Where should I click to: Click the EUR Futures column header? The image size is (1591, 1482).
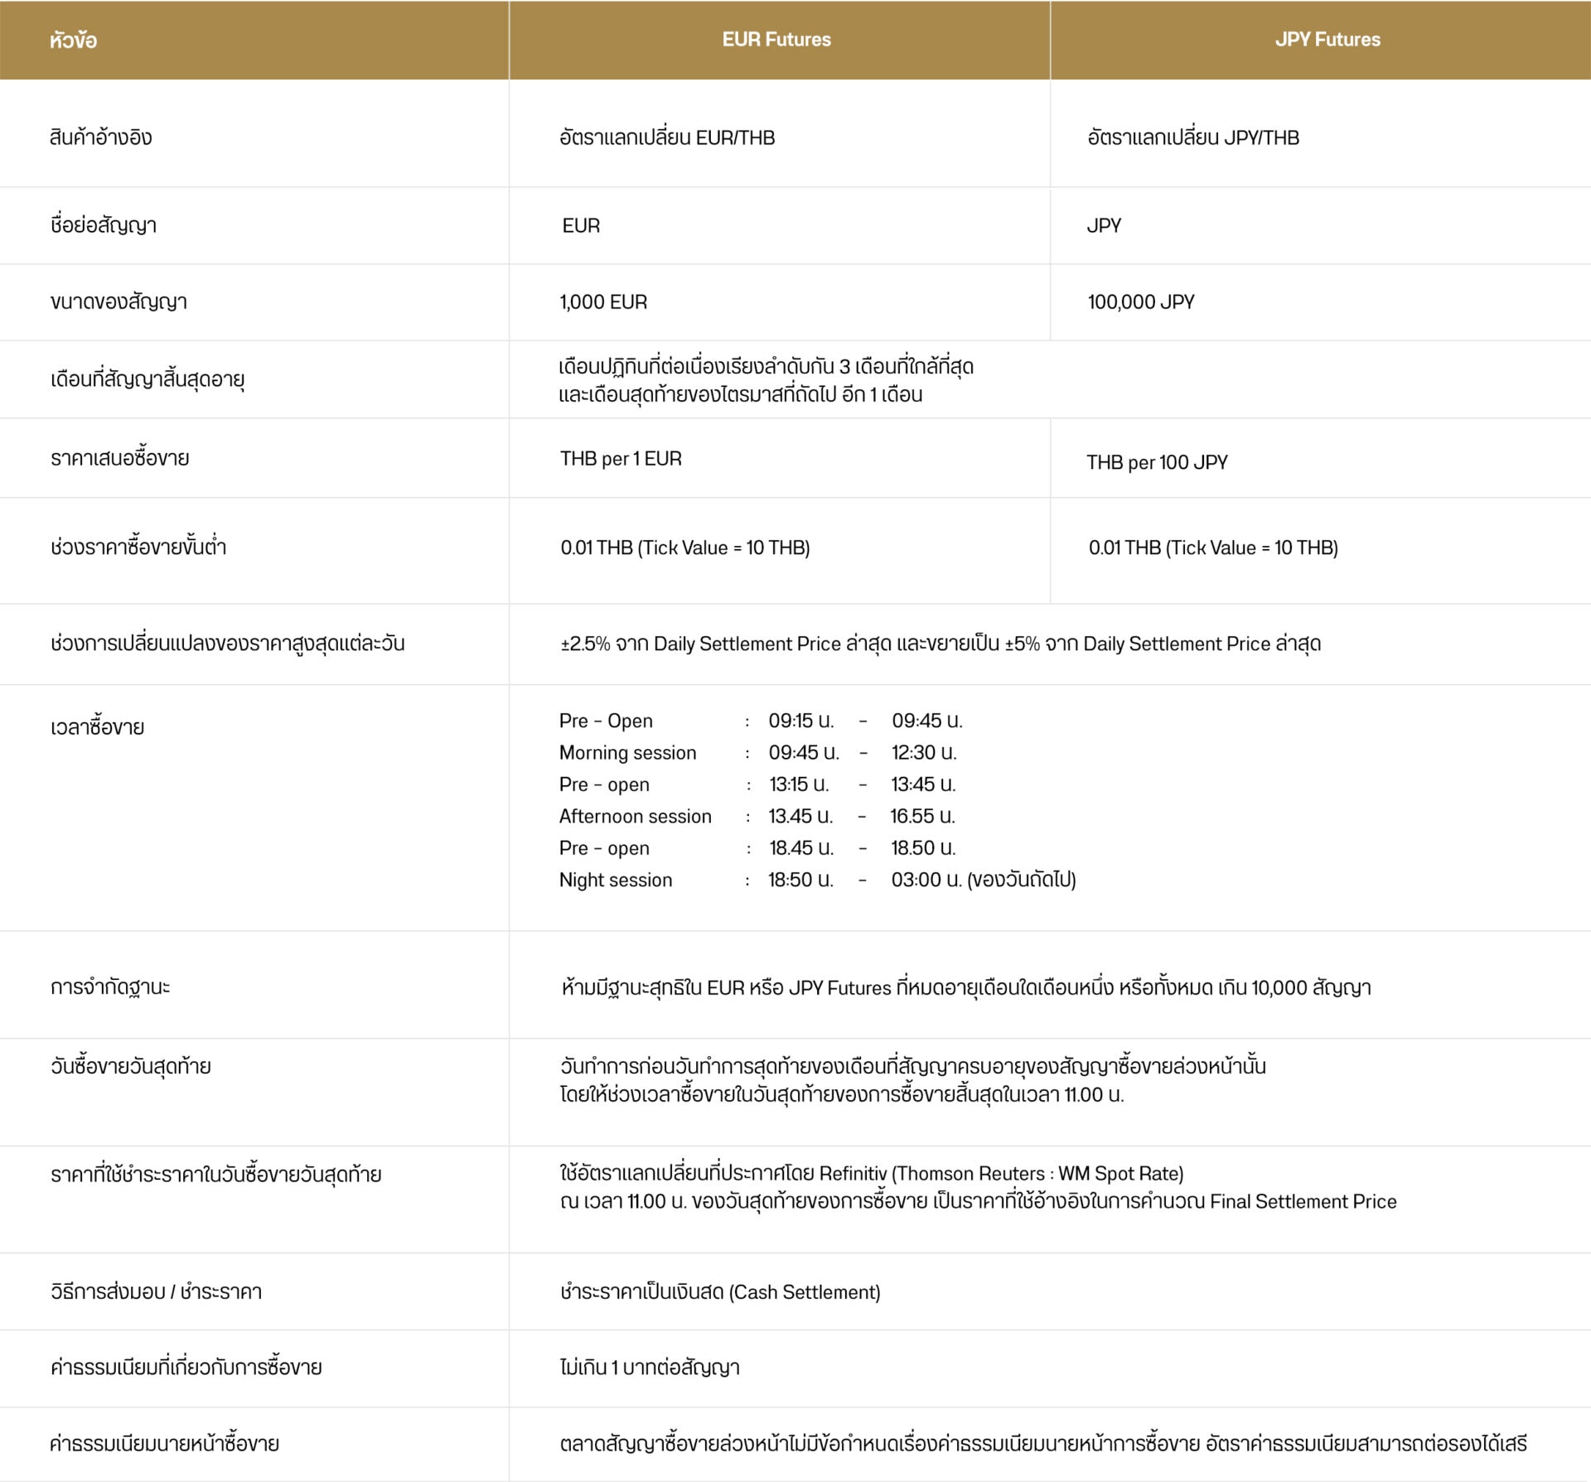pyautogui.click(x=776, y=40)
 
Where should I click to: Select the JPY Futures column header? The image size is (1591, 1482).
pyautogui.click(x=1327, y=40)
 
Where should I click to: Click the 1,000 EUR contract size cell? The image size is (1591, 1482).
pyautogui.click(x=603, y=302)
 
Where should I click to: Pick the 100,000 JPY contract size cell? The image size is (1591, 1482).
pyautogui.click(x=1141, y=302)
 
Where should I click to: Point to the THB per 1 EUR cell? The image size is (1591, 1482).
pyautogui.click(x=621, y=459)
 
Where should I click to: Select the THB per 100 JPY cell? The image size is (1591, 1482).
pyautogui.click(x=1157, y=462)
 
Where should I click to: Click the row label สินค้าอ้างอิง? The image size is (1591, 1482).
pyautogui.click(x=101, y=138)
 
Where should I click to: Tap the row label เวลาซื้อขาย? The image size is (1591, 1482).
pyautogui.click(x=97, y=727)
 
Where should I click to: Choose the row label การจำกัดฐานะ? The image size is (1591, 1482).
pyautogui.click(x=110, y=987)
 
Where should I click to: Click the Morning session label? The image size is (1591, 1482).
pyautogui.click(x=627, y=753)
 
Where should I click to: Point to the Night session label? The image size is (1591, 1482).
pyautogui.click(x=616, y=880)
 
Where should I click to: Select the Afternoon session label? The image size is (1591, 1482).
pyautogui.click(x=635, y=817)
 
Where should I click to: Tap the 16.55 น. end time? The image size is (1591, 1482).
pyautogui.click(x=922, y=817)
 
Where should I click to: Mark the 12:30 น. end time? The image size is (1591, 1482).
pyautogui.click(x=924, y=753)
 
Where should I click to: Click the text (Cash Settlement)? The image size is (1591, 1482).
pyautogui.click(x=805, y=1292)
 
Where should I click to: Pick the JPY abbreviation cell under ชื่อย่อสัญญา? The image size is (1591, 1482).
pyautogui.click(x=1104, y=226)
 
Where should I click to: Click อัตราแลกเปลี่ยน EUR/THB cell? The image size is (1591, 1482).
pyautogui.click(x=667, y=138)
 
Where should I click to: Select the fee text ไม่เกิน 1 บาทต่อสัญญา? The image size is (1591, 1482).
pyautogui.click(x=650, y=1368)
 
